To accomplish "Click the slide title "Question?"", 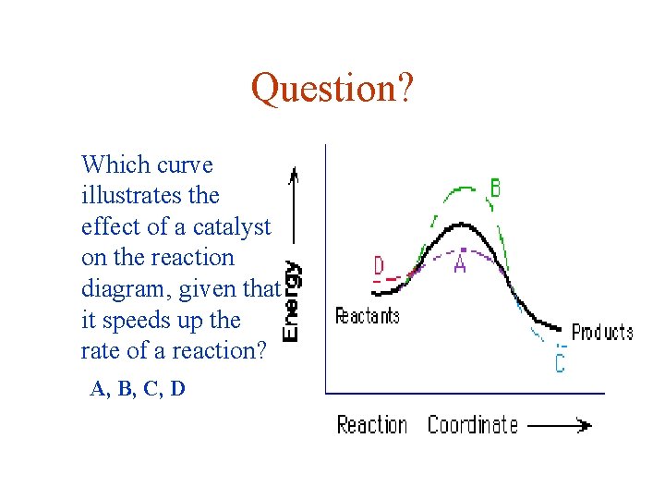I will click(x=332, y=89).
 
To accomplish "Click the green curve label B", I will click(x=495, y=189).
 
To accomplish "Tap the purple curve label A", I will click(x=459, y=265).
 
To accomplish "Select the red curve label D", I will click(x=379, y=266).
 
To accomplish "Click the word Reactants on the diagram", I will click(x=367, y=316).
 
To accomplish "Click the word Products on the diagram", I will click(x=602, y=333).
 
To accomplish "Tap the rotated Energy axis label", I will click(x=292, y=301).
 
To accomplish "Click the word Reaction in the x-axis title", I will click(x=371, y=425).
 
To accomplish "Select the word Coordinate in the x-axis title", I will click(x=472, y=425).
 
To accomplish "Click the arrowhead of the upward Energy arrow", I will click(x=293, y=173).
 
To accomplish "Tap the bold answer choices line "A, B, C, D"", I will click(x=138, y=389).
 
